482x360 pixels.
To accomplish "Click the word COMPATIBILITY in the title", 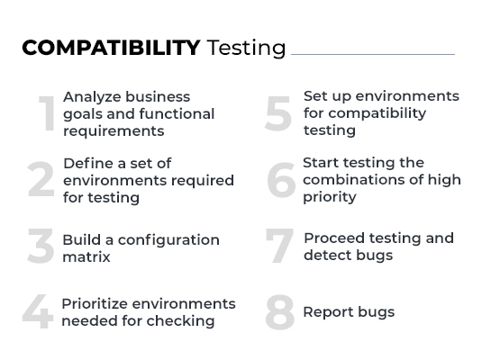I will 111,48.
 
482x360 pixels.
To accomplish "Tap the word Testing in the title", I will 246,49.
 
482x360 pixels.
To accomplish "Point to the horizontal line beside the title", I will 372,54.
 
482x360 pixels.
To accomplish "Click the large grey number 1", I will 47,114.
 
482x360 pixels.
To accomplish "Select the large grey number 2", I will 41,181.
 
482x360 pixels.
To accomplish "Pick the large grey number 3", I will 41,247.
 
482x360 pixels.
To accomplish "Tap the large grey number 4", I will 38,312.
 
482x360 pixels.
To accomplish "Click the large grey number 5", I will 278,113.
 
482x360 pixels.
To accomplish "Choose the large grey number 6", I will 280,180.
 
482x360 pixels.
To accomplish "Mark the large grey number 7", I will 279,247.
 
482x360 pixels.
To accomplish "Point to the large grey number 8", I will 279,312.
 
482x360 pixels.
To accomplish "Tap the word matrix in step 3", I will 86,256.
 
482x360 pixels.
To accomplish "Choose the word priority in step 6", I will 330,197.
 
